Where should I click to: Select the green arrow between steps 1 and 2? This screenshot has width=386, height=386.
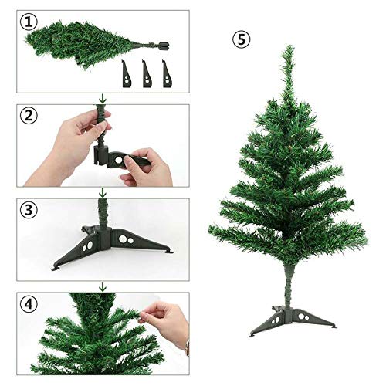(x=102, y=99)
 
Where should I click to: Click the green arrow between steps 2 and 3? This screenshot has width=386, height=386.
(x=102, y=192)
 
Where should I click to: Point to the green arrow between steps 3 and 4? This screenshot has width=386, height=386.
(x=102, y=286)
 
